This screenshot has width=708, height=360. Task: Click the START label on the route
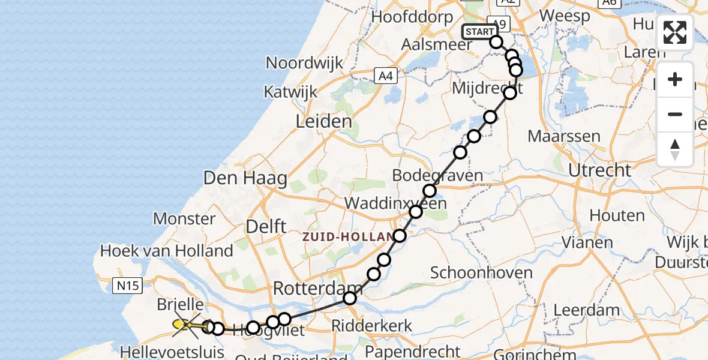(x=479, y=32)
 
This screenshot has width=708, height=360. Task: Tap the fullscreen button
(x=675, y=32)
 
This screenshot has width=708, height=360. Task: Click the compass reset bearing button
(x=675, y=149)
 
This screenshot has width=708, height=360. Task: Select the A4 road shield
(x=386, y=76)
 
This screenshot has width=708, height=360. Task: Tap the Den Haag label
(x=245, y=178)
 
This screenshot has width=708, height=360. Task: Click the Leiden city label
(x=324, y=122)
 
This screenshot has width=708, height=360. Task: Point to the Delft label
(x=266, y=227)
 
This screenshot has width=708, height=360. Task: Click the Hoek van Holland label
(x=167, y=250)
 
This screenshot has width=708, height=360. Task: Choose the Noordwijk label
(x=305, y=63)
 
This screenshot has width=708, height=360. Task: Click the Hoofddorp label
(x=412, y=16)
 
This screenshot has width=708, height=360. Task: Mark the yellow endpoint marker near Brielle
(x=179, y=325)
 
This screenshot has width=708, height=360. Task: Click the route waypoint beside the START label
(x=496, y=41)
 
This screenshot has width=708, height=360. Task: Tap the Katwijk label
(x=290, y=92)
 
